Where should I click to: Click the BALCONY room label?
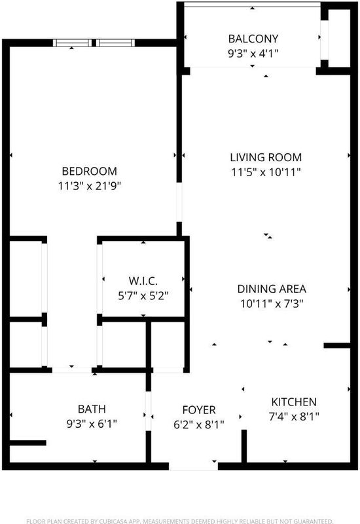point(253,39)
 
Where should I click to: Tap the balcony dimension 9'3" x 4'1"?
point(253,54)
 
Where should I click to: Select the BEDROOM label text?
point(90,171)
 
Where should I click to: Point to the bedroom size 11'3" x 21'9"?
point(90,186)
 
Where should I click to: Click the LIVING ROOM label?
point(266,157)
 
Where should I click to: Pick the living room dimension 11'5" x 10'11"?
point(266,172)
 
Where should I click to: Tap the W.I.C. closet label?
point(143,281)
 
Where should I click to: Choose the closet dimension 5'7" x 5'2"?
point(143,296)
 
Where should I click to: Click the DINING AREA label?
point(272,289)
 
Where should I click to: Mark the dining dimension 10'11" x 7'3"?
point(272,304)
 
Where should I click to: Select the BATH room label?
point(92,409)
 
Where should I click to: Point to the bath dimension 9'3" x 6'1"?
point(92,424)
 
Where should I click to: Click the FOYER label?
point(199,410)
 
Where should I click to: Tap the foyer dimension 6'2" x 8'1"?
point(199,424)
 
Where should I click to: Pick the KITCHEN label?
point(294,402)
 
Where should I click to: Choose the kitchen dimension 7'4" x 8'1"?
point(294,417)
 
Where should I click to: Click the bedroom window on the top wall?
point(94,43)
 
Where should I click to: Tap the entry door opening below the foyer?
point(193,466)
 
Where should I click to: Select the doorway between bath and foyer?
point(149,411)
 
